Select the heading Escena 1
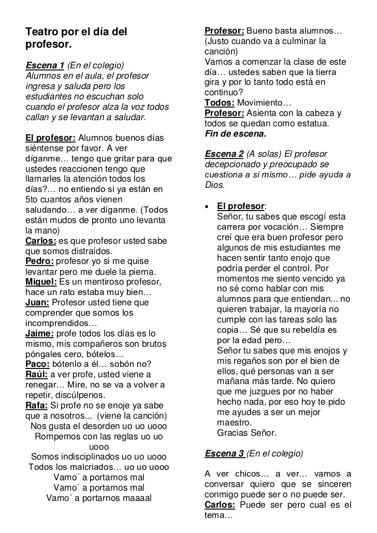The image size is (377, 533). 45,65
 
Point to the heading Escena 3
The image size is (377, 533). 224,453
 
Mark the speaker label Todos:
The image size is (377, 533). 220,102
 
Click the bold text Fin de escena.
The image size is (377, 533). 235,134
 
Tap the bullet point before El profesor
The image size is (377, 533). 207,206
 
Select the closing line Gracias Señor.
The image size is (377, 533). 247,433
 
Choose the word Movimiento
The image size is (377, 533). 264,102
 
